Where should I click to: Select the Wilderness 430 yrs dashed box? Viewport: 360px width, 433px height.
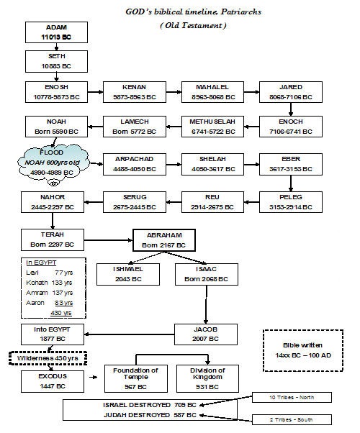click(x=45, y=357)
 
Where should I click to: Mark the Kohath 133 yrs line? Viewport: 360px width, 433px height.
click(x=43, y=283)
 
